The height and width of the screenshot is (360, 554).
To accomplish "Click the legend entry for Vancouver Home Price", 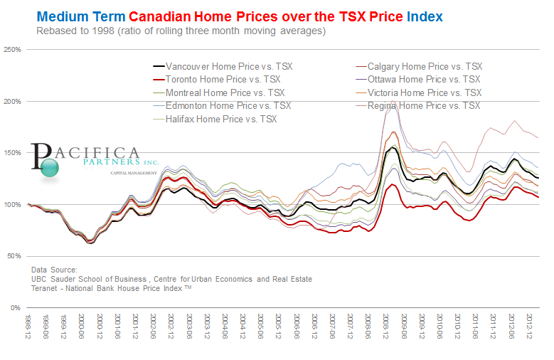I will tap(228, 66).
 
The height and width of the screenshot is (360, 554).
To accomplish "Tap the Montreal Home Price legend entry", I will tap(223, 92).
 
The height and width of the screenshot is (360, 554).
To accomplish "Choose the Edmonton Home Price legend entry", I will tap(228, 105).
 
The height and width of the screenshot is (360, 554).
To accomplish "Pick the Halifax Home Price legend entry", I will tap(220, 119).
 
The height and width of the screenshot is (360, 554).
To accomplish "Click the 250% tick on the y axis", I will tap(13, 50).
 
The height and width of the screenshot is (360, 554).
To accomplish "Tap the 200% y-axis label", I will tap(13, 102).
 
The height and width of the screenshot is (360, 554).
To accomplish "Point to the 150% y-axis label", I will tap(13, 153).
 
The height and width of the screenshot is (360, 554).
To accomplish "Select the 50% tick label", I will tap(14, 256).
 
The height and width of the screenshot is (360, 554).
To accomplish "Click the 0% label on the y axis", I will tap(16, 307).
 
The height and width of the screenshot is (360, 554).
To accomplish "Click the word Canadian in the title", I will tap(171, 16).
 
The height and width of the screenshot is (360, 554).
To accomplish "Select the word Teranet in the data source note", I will tap(45, 288).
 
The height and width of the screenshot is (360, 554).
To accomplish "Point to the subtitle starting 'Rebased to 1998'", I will tap(181, 31).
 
